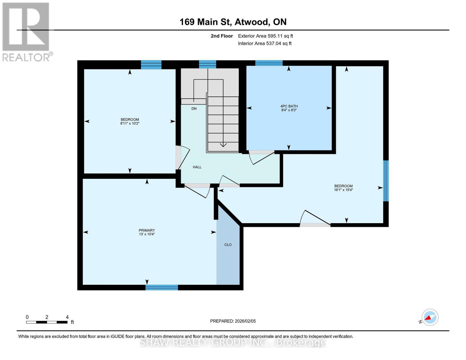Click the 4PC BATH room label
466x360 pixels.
289,106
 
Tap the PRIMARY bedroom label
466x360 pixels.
147,230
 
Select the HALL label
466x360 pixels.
197,167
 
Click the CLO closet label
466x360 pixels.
228,244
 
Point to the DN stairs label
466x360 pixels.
194,108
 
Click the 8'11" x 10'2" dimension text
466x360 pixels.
130,123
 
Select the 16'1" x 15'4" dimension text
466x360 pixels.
343,190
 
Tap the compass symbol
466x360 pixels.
430,317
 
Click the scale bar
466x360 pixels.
47,322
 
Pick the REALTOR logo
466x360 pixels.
26,32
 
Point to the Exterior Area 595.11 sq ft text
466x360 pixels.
265,36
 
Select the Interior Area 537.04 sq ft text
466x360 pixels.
265,43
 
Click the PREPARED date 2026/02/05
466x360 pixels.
233,321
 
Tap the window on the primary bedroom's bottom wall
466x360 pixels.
162,287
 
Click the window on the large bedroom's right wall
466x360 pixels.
386,181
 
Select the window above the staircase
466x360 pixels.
207,64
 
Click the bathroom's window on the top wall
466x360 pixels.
269,63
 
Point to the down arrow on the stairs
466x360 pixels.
223,145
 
